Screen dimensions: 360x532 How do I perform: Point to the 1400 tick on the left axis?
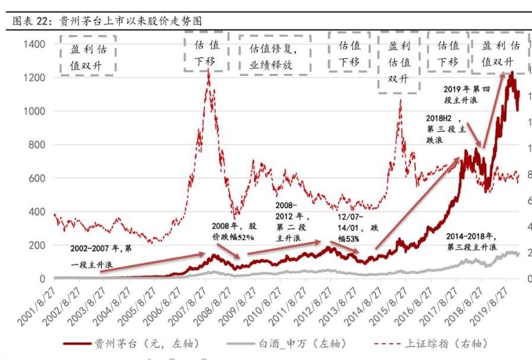pos(33,44)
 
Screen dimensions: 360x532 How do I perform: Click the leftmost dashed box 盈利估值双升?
pos(87,55)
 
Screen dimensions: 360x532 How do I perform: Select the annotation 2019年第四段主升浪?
pos(467,95)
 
